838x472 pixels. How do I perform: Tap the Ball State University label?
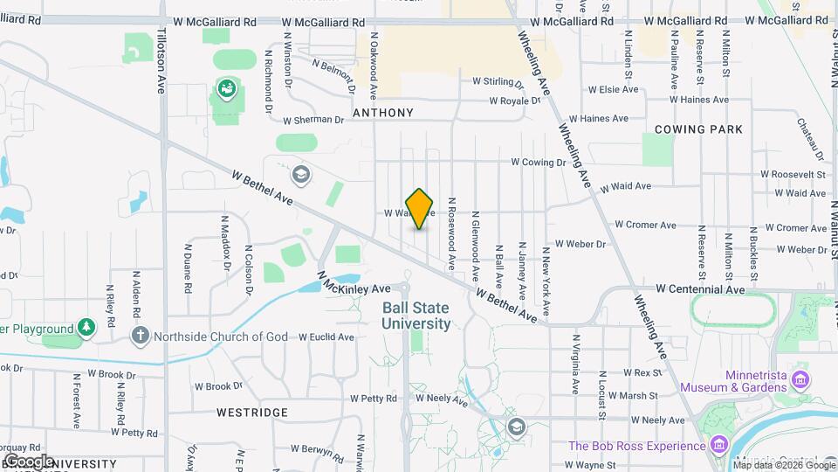(x=416, y=316)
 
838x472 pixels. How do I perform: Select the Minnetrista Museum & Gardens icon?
(x=801, y=379)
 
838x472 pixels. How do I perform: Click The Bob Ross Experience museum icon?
(x=718, y=445)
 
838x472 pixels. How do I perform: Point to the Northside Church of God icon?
(x=140, y=336)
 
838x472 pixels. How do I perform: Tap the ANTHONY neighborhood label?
(x=382, y=113)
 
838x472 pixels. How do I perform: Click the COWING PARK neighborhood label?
(x=698, y=129)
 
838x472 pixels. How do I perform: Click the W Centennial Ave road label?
(x=700, y=288)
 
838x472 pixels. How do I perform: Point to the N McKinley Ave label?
(x=353, y=286)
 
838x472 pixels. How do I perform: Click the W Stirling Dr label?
(x=498, y=81)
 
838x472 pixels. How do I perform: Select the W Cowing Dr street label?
(x=539, y=162)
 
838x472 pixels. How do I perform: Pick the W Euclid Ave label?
(x=326, y=337)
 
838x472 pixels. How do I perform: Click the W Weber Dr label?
(x=580, y=245)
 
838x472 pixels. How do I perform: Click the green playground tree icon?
(x=86, y=329)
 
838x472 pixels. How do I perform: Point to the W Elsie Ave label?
(x=615, y=89)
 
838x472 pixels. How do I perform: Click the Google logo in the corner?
(x=29, y=461)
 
